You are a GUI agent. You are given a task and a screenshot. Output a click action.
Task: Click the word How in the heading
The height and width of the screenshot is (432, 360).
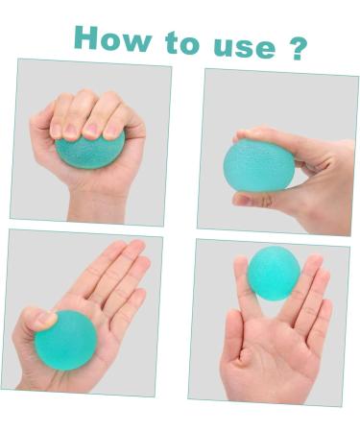pos(113,39)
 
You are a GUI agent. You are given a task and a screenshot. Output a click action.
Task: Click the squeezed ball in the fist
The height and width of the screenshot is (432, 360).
pos(90,149)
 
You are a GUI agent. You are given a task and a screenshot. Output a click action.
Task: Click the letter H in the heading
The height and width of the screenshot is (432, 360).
pos(89,37)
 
